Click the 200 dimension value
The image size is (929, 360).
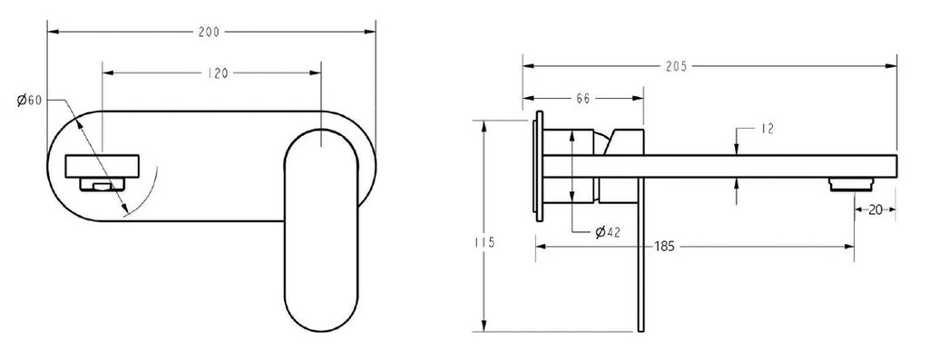coord(209,32)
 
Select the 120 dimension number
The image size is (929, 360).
coord(218,73)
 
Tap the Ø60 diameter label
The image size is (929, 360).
coord(30,100)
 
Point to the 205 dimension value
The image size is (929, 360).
coord(677,66)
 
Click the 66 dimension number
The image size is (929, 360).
coord(583,99)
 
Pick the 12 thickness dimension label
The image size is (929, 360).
coord(767,129)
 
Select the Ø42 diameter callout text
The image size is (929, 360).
coord(607,232)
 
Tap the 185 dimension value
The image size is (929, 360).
coord(665,247)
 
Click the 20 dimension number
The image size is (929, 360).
coord(875,209)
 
